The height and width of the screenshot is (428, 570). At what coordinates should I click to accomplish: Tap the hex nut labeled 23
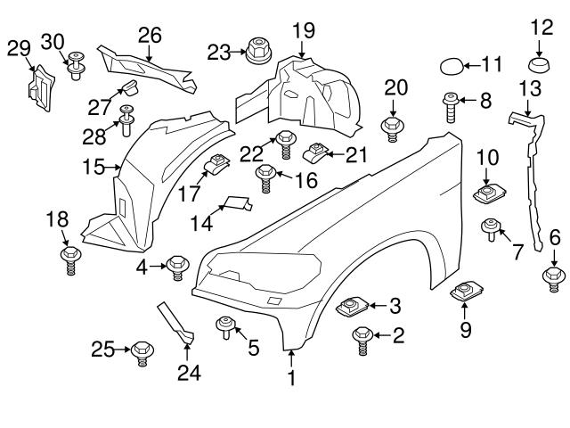[x=258, y=52]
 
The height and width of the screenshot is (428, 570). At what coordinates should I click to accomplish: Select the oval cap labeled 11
[x=452, y=67]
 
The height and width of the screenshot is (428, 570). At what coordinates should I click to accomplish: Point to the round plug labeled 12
[x=538, y=64]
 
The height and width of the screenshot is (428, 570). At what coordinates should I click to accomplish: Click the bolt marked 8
[x=451, y=107]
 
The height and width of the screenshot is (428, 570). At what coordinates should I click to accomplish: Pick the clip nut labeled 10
[x=489, y=193]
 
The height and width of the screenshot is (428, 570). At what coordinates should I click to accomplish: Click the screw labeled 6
[x=553, y=278]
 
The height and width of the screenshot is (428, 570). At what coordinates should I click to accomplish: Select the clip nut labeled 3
[x=352, y=306]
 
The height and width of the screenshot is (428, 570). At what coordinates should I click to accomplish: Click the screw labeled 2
[x=362, y=340]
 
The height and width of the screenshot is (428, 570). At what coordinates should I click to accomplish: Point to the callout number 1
[x=291, y=377]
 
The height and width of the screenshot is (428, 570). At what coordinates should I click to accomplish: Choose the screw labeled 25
[x=142, y=353]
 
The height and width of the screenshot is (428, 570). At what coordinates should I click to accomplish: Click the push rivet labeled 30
[x=77, y=66]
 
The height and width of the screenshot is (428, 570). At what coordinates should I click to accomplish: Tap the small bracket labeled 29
[x=41, y=88]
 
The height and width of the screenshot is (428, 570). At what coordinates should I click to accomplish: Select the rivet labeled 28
[x=126, y=120]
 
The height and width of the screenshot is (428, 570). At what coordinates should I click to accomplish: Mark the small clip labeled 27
[x=128, y=87]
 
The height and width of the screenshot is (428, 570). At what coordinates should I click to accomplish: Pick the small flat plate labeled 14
[x=238, y=203]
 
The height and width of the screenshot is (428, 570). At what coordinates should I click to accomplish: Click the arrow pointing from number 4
[x=158, y=267]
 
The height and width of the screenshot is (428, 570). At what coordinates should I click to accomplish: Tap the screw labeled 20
[x=392, y=128]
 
